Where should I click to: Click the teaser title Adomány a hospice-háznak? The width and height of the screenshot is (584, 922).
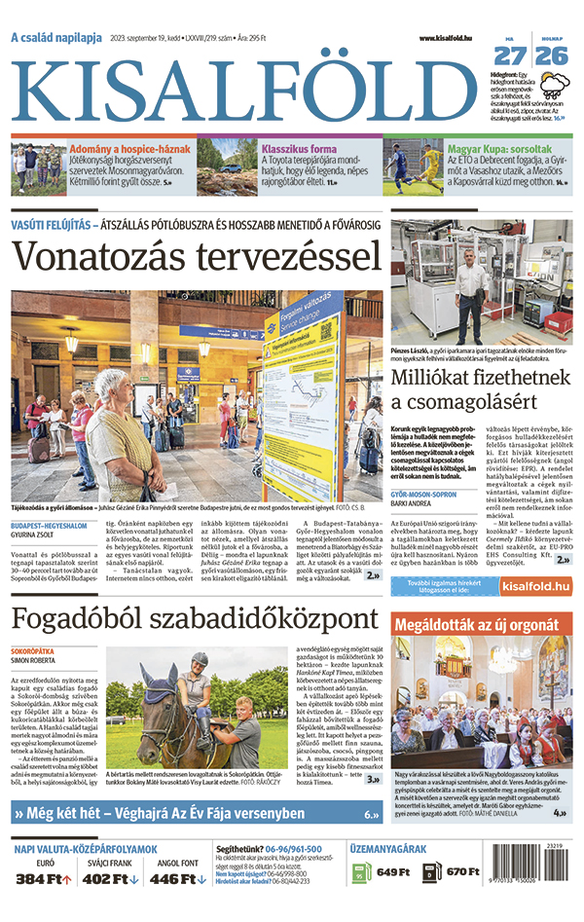click(126, 150)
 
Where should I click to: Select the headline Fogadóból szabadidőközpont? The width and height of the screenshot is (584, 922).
click(195, 619)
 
